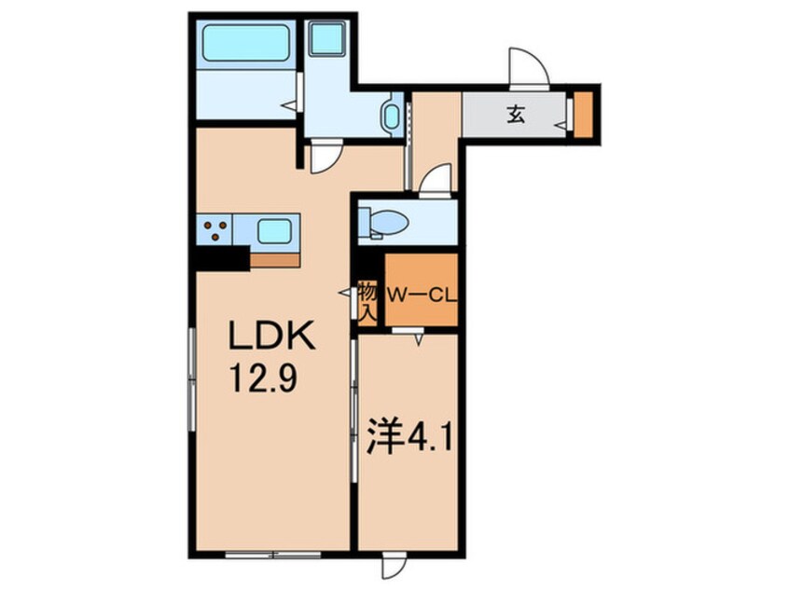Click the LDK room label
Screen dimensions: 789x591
[x=272, y=336]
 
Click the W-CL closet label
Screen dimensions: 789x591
[x=422, y=295]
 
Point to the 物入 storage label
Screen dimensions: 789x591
[x=367, y=302]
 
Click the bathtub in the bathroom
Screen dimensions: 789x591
[x=246, y=43]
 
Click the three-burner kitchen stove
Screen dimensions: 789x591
[x=215, y=230]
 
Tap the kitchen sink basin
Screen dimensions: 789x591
[x=274, y=231]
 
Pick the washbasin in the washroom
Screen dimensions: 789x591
[x=391, y=117]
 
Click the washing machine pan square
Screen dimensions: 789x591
[x=327, y=38]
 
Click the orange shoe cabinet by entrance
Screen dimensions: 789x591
[x=584, y=115]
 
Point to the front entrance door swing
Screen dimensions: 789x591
[x=527, y=68]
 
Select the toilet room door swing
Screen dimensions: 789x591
[x=436, y=180]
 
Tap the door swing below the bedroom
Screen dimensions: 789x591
[x=394, y=566]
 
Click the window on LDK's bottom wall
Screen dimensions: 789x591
[x=273, y=555]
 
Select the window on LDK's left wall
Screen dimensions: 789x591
[x=191, y=379]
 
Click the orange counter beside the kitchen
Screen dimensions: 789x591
[x=275, y=260]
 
